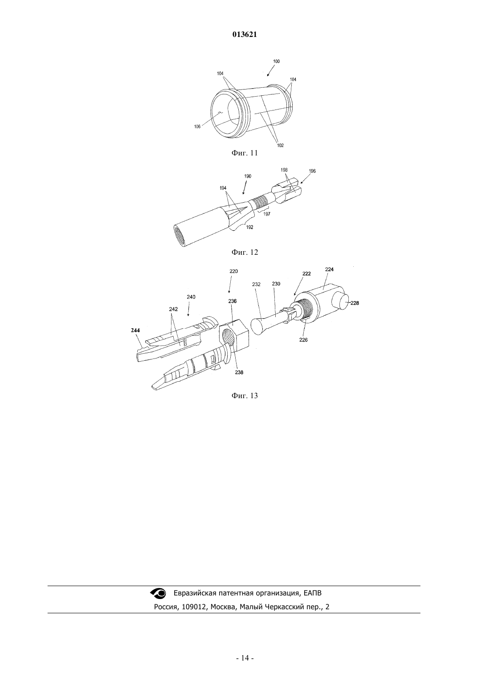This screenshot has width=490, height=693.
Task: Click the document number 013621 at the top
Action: click(245, 35)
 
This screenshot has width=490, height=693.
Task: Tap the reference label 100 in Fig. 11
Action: click(276, 61)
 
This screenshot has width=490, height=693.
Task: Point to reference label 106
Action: click(197, 126)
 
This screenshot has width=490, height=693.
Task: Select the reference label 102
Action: click(280, 145)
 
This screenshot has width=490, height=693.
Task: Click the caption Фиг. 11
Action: click(245, 153)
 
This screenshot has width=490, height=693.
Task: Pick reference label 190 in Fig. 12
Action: click(248, 176)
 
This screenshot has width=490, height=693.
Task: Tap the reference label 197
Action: click(266, 214)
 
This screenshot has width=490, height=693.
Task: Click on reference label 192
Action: click(249, 227)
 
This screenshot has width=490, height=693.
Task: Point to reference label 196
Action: click(312, 171)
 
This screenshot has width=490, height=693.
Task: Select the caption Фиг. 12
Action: click(245, 252)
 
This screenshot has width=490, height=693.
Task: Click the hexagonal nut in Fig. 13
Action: click(234, 335)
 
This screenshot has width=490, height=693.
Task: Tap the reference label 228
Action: click(355, 303)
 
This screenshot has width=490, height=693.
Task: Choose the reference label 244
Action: click(135, 330)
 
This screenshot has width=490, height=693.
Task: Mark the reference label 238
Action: click(239, 372)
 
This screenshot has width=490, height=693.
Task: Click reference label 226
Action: click(303, 340)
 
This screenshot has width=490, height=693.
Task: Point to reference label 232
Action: click(256, 284)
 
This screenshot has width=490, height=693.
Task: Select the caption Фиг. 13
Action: click(245, 395)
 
